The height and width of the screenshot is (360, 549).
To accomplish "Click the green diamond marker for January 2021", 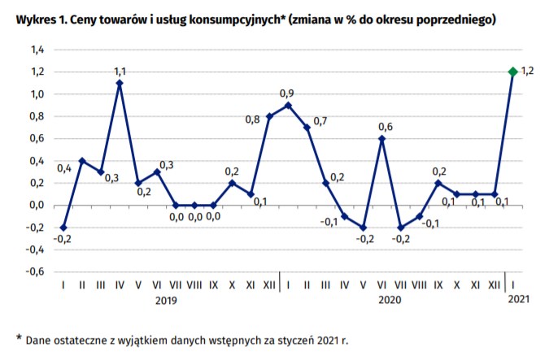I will [x=513, y=72].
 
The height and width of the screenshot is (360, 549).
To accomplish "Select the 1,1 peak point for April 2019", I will [x=120, y=83].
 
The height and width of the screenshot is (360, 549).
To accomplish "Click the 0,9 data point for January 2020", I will [x=288, y=105].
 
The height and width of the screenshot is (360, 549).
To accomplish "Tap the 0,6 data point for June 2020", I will [x=382, y=138].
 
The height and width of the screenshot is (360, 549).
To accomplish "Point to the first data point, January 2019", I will [x=64, y=227].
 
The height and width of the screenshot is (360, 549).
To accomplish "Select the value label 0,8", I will [x=252, y=120].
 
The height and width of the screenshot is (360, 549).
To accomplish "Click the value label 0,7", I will [x=320, y=121].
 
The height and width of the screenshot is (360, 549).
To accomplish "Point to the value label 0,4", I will [x=64, y=168].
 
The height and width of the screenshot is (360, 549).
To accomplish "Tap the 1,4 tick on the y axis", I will [x=37, y=50].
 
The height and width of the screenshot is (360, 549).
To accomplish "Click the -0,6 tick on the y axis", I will [x=36, y=271].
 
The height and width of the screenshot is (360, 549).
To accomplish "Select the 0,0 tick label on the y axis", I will [x=37, y=205].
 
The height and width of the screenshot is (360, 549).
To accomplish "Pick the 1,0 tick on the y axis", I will [x=37, y=94].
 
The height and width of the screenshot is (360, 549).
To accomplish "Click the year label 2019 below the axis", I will [x=166, y=300].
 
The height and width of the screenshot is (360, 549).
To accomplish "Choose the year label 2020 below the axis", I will [x=391, y=300].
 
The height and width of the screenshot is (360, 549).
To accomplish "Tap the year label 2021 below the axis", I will [x=518, y=300].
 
